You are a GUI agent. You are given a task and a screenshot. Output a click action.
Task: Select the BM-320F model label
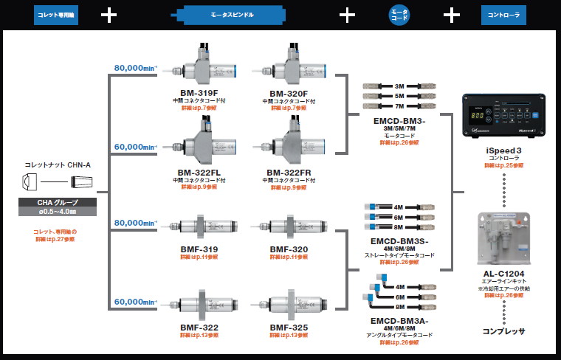point(292,94)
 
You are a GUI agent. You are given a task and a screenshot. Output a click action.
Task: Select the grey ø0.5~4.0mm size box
point(58,212)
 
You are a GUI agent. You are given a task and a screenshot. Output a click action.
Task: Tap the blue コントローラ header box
point(503,14)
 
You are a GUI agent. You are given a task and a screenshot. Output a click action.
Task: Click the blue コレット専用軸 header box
point(56,14)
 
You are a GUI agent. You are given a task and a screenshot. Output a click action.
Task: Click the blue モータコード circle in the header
point(399,14)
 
